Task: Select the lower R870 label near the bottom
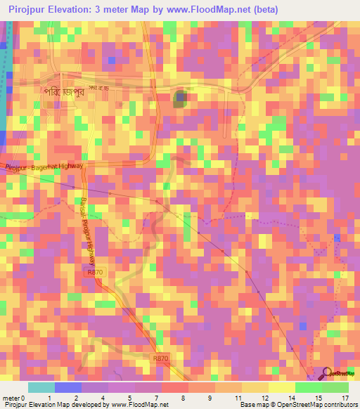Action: click(x=161, y=358)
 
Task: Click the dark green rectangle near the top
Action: click(x=181, y=98)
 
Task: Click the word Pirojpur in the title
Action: click(x=30, y=10)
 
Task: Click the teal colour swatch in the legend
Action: click(x=41, y=387)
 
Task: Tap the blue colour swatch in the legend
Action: click(x=68, y=387)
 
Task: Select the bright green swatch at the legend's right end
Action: click(x=335, y=387)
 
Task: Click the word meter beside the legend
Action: click(x=11, y=398)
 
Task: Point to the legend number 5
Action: click(x=130, y=398)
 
